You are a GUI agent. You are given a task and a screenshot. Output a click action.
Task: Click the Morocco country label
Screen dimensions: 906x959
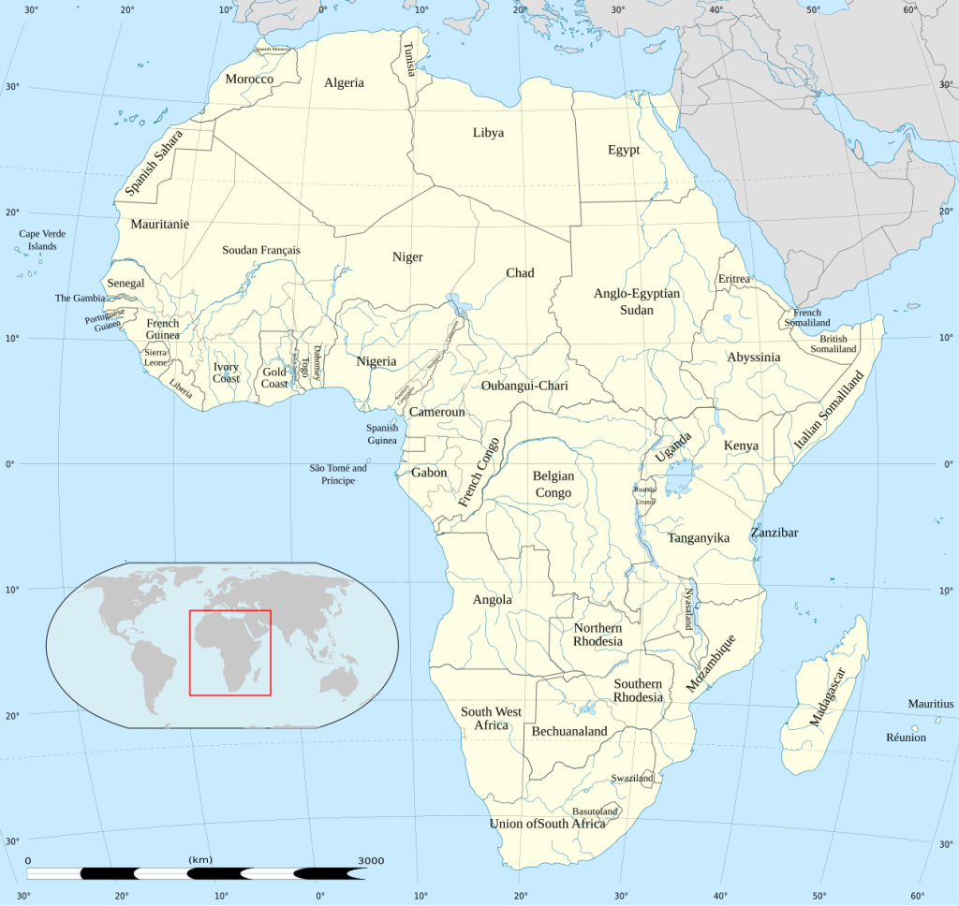click(x=249, y=80)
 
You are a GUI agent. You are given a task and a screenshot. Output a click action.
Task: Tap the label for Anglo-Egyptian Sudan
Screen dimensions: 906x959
click(x=637, y=301)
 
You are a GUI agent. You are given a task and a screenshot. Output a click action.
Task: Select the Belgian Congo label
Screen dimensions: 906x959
click(x=553, y=484)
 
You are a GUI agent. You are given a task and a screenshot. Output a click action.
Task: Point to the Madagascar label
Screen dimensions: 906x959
click(x=826, y=698)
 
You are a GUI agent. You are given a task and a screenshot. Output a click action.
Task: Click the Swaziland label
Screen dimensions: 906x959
click(x=632, y=779)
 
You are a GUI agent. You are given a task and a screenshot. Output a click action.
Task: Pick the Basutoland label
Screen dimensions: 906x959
click(x=595, y=811)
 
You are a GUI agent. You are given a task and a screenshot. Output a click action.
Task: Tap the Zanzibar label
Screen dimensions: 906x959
click(x=775, y=533)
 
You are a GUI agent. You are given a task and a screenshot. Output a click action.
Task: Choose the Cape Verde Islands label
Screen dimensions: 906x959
click(x=42, y=240)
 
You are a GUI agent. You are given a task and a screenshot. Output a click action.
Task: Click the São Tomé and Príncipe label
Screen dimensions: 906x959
click(x=338, y=475)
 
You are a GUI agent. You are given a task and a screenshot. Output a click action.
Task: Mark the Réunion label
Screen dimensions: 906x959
click(x=906, y=738)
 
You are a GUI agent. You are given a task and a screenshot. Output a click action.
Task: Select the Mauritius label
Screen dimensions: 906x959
click(x=930, y=704)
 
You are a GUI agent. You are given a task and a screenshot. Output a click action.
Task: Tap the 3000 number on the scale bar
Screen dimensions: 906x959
click(x=370, y=861)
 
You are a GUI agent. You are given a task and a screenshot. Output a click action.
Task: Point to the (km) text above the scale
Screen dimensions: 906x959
click(x=199, y=860)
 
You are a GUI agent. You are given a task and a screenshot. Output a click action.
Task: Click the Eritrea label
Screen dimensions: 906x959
click(x=734, y=279)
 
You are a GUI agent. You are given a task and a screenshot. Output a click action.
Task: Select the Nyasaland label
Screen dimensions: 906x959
click(x=688, y=608)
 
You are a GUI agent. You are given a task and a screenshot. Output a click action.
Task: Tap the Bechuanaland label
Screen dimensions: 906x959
click(x=569, y=731)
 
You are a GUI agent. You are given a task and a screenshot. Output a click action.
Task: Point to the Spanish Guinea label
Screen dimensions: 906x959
click(x=381, y=434)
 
